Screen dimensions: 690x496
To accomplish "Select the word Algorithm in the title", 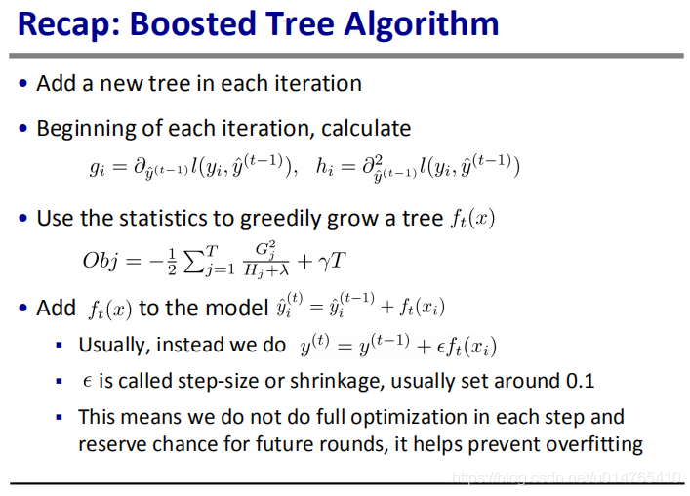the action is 422,24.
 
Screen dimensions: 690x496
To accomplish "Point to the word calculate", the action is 366,129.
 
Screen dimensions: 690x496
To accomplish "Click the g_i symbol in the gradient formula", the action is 98,168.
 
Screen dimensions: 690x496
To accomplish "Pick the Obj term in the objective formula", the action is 101,260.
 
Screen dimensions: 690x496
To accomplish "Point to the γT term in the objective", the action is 333,261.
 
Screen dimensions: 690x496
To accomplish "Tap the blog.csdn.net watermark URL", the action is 567,477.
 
